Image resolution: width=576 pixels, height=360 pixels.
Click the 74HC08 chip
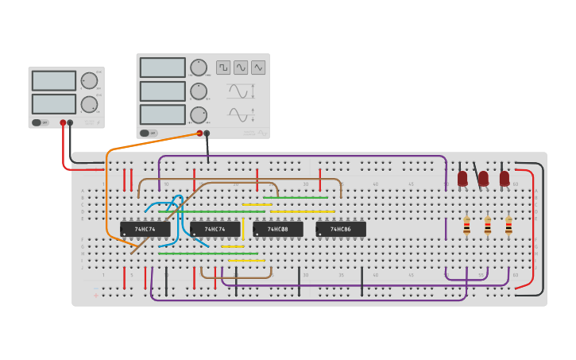(277, 229)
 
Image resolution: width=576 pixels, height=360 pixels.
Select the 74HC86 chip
(341, 229)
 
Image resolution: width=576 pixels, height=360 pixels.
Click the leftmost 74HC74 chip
(145, 229)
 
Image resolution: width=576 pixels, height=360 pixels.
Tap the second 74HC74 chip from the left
(215, 229)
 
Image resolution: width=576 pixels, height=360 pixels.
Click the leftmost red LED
(462, 179)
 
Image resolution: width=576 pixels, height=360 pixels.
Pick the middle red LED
(483, 179)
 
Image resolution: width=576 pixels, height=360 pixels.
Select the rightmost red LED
(504, 179)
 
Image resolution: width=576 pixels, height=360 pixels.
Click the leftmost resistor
(466, 226)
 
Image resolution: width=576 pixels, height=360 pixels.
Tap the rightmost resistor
(508, 226)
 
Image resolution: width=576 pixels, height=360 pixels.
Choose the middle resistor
(488, 226)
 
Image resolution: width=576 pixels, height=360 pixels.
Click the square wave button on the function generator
(223, 68)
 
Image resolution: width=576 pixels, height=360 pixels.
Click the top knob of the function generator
(198, 68)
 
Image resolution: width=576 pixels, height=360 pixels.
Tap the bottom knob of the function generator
(198, 115)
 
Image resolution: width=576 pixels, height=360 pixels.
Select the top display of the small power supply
(54, 80)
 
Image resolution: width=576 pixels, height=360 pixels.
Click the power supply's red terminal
(63, 123)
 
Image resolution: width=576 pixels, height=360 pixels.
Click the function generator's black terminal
(207, 134)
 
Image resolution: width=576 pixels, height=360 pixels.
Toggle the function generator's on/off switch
(148, 133)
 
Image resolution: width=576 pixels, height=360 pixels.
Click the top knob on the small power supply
(89, 80)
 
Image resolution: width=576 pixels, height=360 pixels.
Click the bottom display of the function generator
(163, 114)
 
